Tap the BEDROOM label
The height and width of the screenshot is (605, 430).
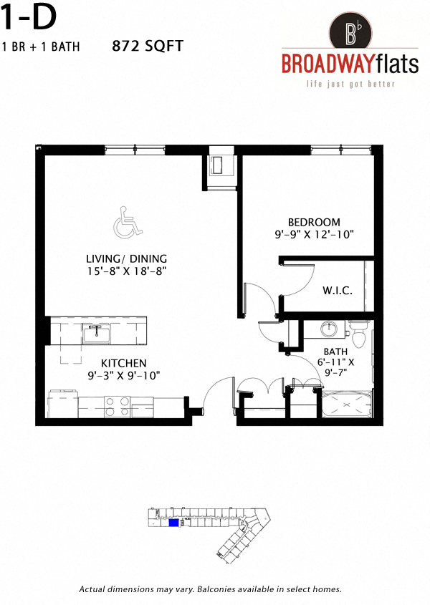coord(314,222)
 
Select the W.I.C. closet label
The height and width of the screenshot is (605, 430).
coord(335,291)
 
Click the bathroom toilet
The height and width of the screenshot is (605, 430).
coord(359,331)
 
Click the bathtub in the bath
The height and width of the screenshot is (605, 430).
coord(346,406)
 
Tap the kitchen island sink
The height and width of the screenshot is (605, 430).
coord(95,333)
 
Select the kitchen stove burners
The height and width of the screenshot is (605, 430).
coord(115,407)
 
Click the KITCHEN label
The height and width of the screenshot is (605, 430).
coord(123,363)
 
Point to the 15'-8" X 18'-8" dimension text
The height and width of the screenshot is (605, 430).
coord(126,271)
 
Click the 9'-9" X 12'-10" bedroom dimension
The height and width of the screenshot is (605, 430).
coord(315,234)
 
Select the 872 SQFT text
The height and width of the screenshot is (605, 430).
coord(148,47)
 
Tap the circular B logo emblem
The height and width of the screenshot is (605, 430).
coord(352,32)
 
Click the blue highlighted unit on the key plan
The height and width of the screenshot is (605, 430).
coord(173,523)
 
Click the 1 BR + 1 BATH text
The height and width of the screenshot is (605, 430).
coord(41,47)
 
